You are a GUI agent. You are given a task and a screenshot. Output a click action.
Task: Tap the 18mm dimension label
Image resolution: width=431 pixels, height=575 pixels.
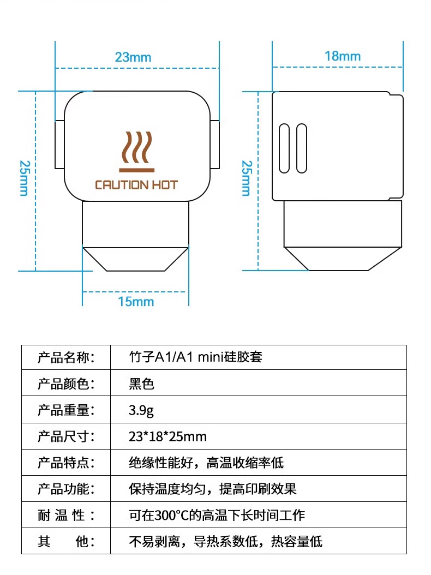[x=343, y=56]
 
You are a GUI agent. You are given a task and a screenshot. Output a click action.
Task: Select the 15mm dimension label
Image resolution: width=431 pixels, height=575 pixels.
[x=136, y=302]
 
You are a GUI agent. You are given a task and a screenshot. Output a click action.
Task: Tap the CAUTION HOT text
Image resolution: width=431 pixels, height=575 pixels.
[x=136, y=185]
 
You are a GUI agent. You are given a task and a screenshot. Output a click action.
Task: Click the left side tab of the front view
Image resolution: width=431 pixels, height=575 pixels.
[x=59, y=145]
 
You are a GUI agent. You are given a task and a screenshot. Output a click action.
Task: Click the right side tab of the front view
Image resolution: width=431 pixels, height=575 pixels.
[x=214, y=145]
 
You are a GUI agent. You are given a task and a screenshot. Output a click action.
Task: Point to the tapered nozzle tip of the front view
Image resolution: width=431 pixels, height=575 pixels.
[x=136, y=259]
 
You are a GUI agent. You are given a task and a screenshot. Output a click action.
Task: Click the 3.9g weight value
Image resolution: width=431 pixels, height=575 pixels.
[x=141, y=410]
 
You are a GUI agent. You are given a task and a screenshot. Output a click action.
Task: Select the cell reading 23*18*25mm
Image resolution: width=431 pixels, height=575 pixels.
[x=167, y=436]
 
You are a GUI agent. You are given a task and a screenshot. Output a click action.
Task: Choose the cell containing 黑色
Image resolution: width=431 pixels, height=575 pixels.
[x=141, y=384]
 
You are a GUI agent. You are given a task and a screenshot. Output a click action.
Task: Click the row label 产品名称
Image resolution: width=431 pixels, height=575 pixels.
[x=66, y=357]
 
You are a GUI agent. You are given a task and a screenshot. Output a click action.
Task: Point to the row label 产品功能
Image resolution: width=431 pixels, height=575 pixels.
[x=66, y=489]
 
